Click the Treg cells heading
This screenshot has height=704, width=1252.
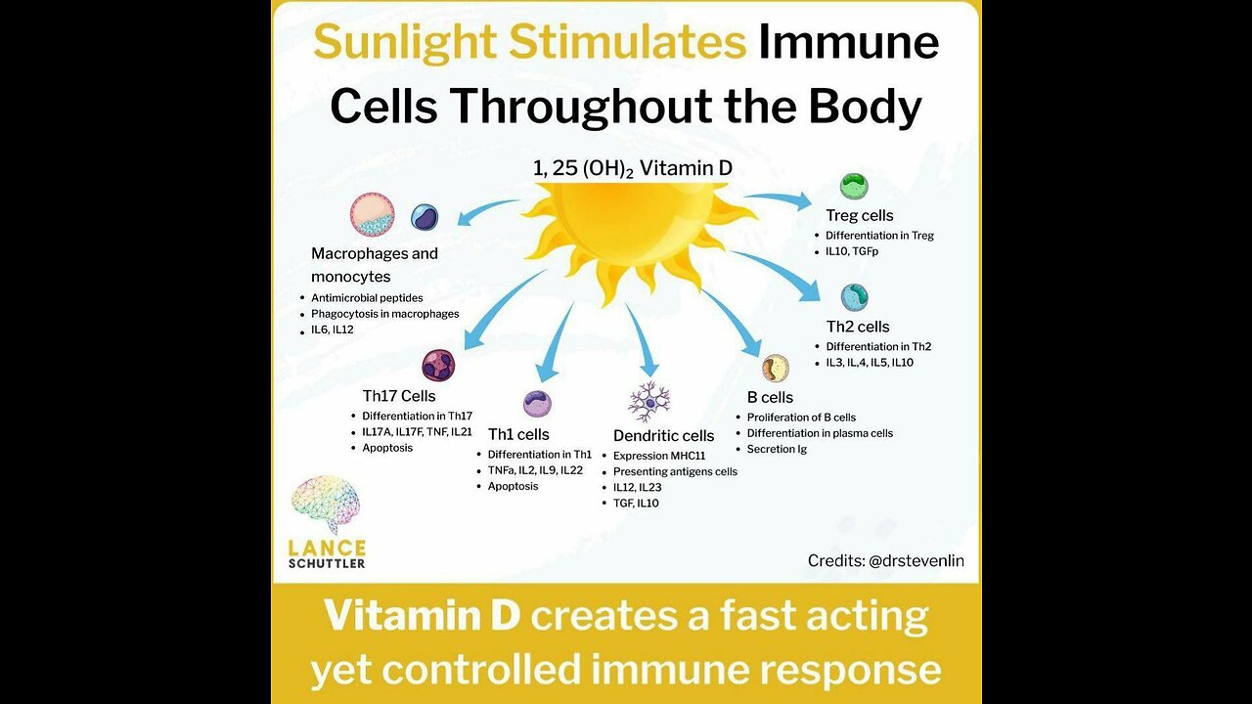[x=859, y=215]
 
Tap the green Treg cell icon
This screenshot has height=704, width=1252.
[x=854, y=187]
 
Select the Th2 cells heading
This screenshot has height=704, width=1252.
[x=858, y=327]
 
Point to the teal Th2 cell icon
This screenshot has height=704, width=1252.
[x=854, y=297]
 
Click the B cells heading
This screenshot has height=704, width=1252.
[x=770, y=398]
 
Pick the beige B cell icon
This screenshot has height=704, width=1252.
[x=775, y=369]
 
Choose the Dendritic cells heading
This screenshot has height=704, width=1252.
[x=663, y=436]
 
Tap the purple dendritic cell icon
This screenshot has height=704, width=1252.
[x=649, y=401]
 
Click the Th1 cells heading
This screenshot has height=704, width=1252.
[x=517, y=434]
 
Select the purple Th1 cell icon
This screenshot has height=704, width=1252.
[x=537, y=404]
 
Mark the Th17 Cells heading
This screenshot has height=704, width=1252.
[x=399, y=396]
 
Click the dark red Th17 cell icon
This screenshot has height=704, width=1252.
[x=438, y=366]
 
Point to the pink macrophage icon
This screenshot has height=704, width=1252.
[x=373, y=215]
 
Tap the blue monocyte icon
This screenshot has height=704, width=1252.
[x=425, y=217]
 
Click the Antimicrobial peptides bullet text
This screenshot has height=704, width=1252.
[x=367, y=297]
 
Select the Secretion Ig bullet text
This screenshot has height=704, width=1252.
[x=777, y=449]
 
